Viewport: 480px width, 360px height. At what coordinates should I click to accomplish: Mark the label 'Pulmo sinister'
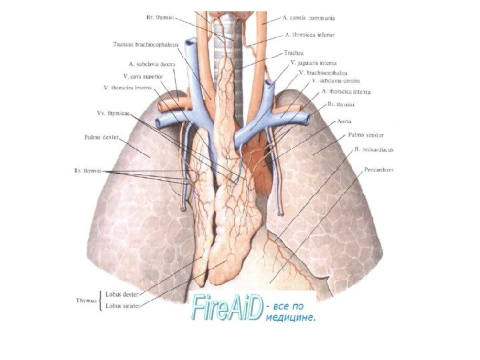pyautogui.click(x=365, y=135)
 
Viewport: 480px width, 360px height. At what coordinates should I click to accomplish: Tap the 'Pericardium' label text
pyautogui.click(x=379, y=170)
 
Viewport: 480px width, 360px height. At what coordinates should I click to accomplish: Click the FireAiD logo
pyautogui.click(x=226, y=308)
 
